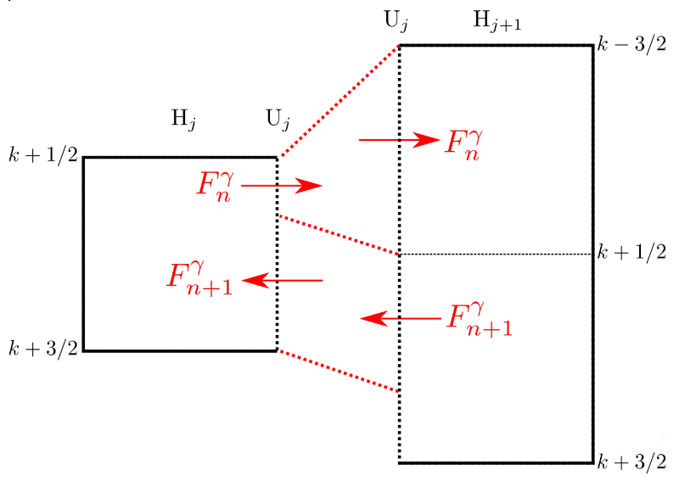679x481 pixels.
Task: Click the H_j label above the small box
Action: [x=184, y=120]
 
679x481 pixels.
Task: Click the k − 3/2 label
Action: [x=631, y=45]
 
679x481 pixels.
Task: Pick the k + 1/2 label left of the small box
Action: [x=43, y=157]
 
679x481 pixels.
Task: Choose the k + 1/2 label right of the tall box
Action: [x=631, y=254]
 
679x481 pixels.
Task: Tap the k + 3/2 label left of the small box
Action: [x=43, y=350]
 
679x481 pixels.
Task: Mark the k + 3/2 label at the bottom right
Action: [x=631, y=462]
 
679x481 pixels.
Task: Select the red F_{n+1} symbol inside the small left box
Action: [x=200, y=278]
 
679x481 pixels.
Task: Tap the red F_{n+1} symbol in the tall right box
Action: [x=478, y=319]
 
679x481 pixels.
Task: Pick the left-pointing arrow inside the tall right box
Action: [x=400, y=318]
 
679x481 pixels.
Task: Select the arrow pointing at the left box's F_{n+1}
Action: [x=282, y=279]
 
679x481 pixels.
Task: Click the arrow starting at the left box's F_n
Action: [x=282, y=185]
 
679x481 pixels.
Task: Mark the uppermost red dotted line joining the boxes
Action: [x=338, y=101]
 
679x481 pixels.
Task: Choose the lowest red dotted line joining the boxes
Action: [x=338, y=371]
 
